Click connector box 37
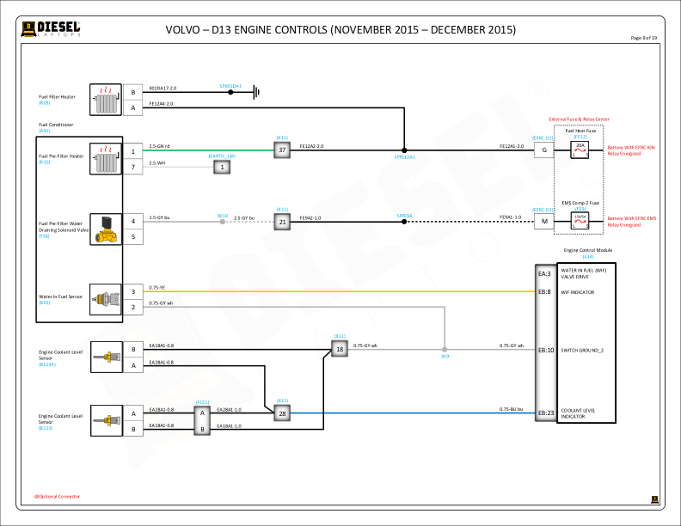click(282, 150)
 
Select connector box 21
click(282, 222)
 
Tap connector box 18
click(340, 348)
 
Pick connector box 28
click(282, 413)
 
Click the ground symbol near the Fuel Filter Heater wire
click(255, 91)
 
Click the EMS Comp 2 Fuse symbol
click(580, 222)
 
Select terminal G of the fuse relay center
click(543, 150)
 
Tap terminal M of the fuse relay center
click(543, 222)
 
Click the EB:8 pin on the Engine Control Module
click(544, 291)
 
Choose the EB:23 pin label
click(544, 413)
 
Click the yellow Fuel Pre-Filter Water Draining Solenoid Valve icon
click(107, 228)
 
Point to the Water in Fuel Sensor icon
click(107, 298)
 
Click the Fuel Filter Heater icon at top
click(107, 100)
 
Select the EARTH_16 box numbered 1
click(223, 167)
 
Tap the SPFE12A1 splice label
click(404, 157)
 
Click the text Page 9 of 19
click(643, 39)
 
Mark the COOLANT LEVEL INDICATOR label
click(580, 413)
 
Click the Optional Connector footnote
click(58, 496)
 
